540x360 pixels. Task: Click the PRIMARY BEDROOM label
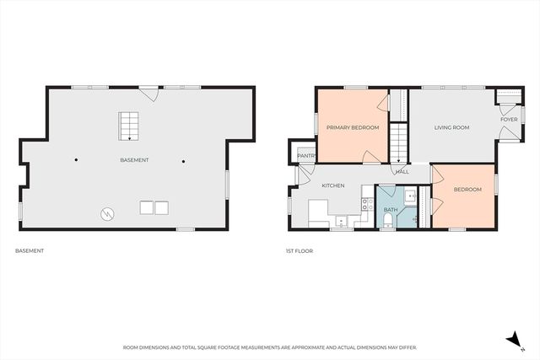(353, 127)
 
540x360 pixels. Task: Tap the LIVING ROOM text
(451, 127)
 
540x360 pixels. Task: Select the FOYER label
(509, 120)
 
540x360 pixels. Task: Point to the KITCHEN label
(332, 185)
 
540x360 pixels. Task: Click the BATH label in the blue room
(391, 209)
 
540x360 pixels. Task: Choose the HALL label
(402, 171)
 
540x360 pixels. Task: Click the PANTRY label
(305, 155)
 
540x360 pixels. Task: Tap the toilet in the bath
(387, 220)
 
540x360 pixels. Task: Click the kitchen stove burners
(367, 203)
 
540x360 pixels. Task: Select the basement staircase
(128, 126)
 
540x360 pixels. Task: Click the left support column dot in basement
(76, 159)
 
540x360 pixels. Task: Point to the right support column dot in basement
(182, 159)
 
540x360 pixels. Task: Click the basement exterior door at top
(149, 93)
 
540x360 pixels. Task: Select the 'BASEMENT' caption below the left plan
(30, 250)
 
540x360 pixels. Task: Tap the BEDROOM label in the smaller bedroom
(467, 190)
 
